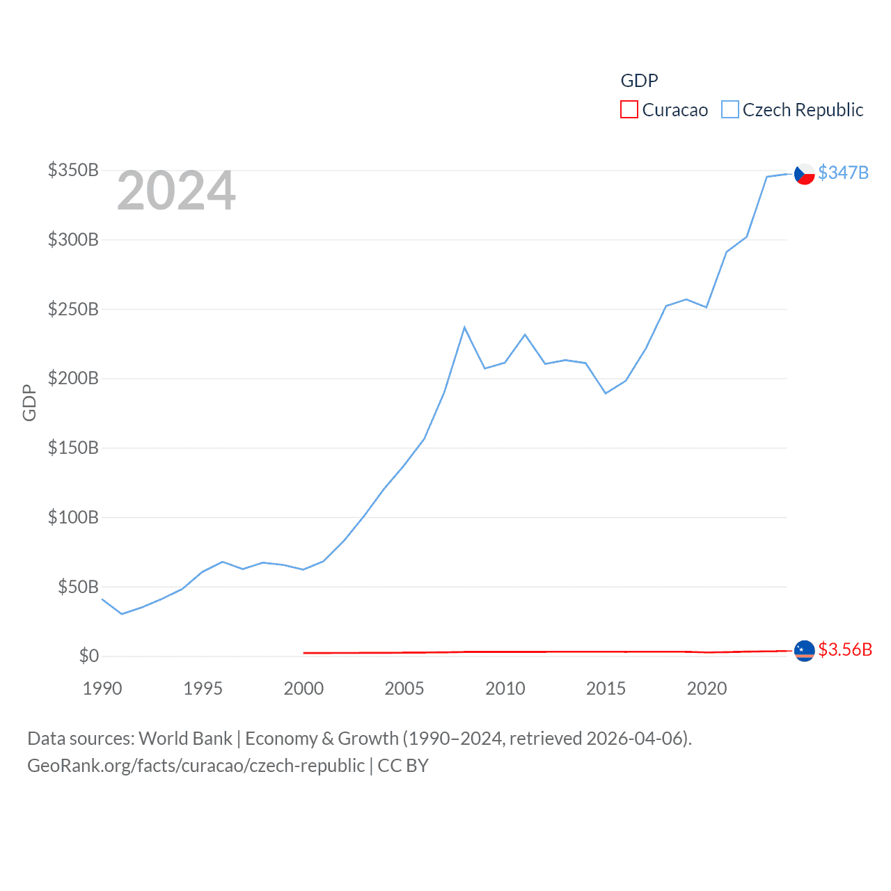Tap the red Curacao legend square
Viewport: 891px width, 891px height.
point(629,109)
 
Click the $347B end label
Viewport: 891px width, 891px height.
point(843,173)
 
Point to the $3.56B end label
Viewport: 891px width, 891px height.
point(844,649)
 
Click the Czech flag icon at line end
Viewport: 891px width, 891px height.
point(805,173)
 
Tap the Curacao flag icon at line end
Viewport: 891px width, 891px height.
point(805,651)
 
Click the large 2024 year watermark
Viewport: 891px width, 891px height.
point(176,191)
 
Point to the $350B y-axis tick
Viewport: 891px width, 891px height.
point(73,171)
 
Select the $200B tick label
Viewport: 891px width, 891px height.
point(73,379)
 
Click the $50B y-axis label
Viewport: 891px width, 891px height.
point(78,587)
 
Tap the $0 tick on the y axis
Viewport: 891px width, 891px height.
point(89,656)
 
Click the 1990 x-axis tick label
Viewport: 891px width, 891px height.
point(102,688)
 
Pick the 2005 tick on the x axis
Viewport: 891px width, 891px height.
point(404,688)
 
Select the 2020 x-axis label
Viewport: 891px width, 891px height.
point(707,688)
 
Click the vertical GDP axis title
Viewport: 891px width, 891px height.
point(29,402)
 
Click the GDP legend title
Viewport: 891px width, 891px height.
point(639,81)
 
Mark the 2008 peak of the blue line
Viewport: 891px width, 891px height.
point(464,327)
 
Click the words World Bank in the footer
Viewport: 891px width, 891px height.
point(185,739)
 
